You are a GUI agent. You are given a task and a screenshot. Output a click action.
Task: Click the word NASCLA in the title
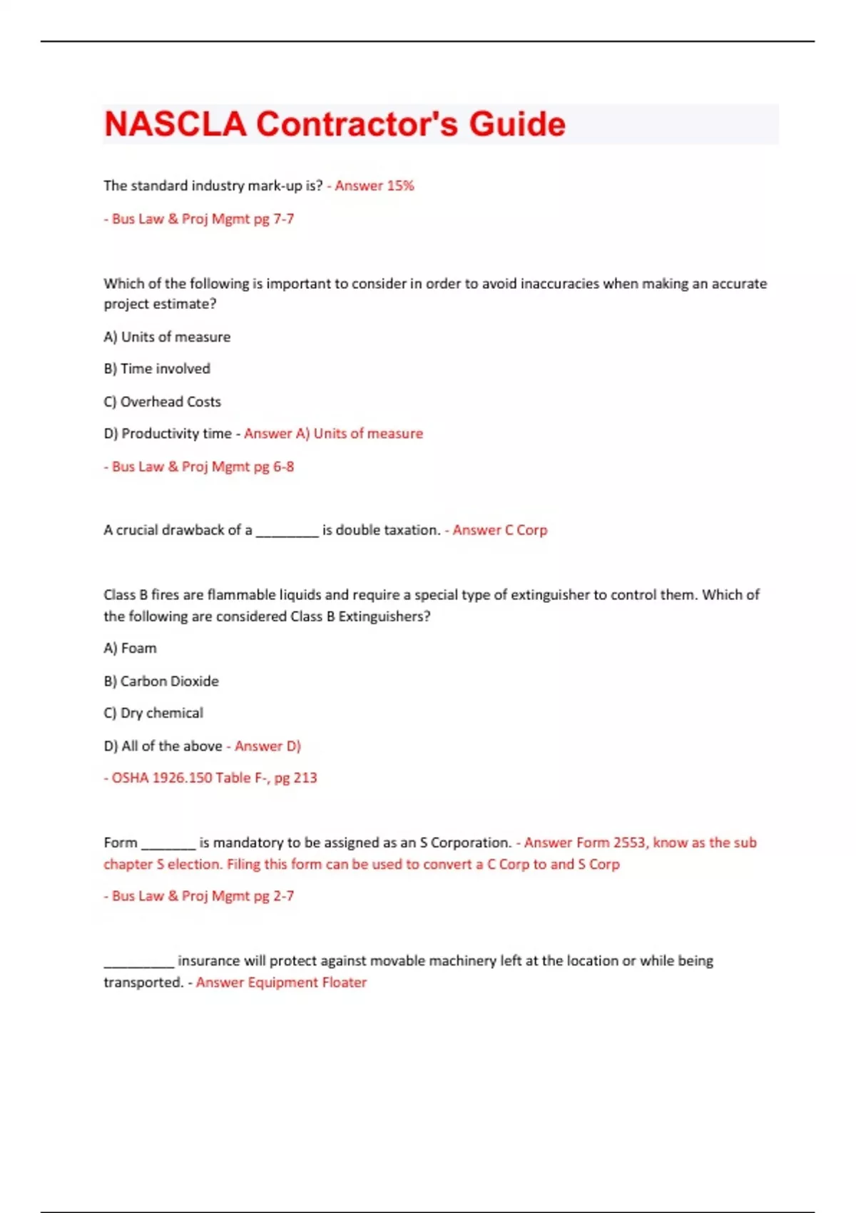point(175,124)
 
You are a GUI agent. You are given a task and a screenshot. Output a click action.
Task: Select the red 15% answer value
point(400,186)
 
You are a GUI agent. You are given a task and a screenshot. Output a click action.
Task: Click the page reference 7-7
point(283,219)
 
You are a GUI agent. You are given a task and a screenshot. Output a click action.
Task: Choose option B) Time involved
point(157,369)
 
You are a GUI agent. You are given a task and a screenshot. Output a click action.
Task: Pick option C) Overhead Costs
point(162,402)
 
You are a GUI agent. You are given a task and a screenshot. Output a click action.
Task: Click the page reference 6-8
point(283,467)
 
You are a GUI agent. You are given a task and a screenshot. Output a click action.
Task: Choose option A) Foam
point(130,649)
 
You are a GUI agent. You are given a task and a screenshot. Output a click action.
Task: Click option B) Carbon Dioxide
point(161,681)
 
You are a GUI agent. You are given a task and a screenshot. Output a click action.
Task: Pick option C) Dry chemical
point(153,713)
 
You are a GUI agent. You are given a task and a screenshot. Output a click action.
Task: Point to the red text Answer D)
point(267,746)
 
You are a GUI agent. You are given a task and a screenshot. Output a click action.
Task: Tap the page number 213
point(305,778)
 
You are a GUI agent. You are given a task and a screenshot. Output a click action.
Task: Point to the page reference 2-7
point(283,896)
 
